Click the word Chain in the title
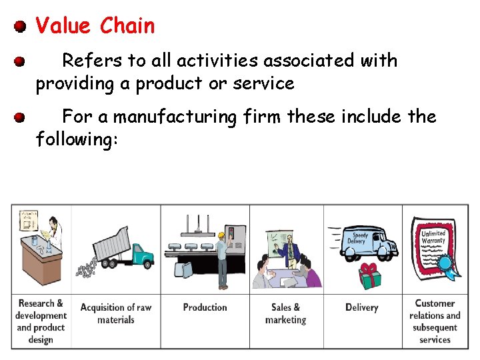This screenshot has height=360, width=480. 127,26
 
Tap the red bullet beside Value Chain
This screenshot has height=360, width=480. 21,27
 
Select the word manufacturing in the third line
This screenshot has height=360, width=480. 175,117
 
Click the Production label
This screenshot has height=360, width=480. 205,308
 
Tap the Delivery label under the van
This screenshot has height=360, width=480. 362,308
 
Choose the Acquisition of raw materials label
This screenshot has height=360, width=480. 116,314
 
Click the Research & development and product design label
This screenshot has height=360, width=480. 41,321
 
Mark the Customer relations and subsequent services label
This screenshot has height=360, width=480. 435,321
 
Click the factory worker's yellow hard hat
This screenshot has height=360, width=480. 220,235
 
